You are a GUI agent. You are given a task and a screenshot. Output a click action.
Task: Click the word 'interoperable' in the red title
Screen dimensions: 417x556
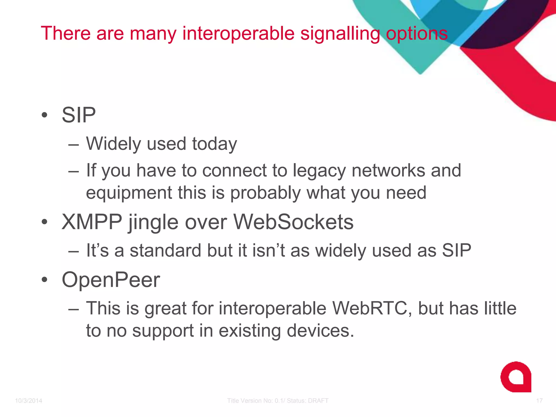point(238,33)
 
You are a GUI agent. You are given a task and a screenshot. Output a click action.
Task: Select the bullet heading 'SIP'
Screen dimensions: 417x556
point(79,115)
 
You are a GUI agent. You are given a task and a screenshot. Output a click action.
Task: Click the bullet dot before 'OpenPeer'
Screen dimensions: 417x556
point(45,280)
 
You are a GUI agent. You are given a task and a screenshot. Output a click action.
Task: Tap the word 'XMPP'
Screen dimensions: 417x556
point(92,222)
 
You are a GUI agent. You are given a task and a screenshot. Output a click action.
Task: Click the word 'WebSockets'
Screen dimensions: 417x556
point(293,222)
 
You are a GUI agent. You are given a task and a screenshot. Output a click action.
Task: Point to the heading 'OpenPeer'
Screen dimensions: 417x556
point(111,280)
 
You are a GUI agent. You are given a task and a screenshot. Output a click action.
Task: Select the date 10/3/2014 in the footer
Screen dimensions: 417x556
point(29,401)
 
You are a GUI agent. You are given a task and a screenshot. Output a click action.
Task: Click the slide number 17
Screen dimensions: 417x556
point(539,401)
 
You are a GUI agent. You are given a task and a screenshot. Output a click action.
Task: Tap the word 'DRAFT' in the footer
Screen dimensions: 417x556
point(318,401)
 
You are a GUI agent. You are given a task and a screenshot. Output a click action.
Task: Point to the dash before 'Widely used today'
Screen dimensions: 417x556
point(74,145)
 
